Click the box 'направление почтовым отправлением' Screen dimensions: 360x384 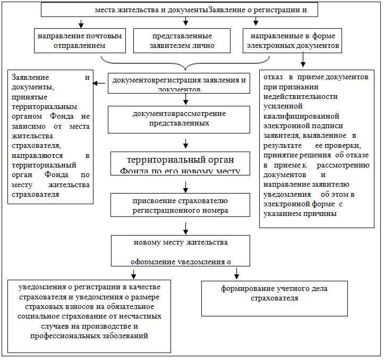(80, 41)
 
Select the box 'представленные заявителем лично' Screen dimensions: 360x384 (182, 41)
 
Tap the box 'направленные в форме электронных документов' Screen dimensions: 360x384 (292, 41)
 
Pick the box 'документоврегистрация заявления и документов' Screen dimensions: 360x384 (178, 83)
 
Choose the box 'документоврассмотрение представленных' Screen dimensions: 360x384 (178, 119)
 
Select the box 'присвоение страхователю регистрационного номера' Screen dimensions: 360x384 (180, 205)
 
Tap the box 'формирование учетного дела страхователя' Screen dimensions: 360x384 (274, 298)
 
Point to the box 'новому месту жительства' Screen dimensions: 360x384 (180, 250)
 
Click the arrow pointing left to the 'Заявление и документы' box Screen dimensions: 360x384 (99, 83)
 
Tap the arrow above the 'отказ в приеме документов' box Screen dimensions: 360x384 (303, 63)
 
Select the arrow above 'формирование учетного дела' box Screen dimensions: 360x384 (237, 273)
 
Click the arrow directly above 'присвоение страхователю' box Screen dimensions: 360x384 (186, 186)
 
